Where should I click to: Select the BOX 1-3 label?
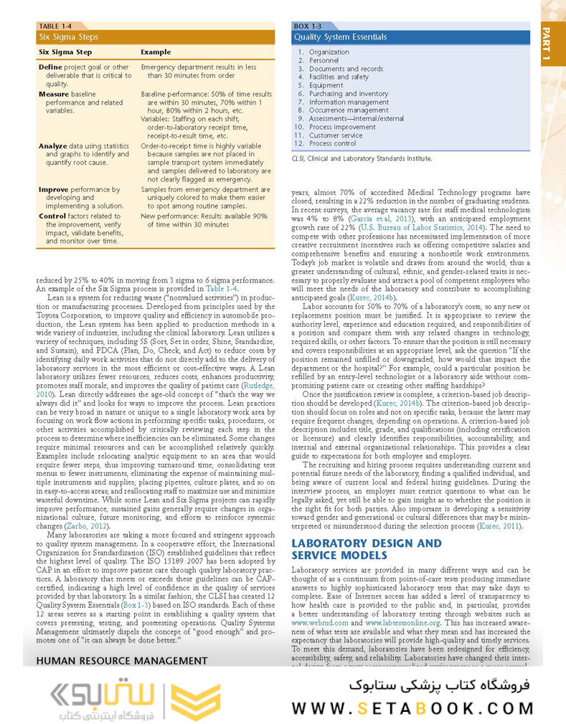tap(308, 26)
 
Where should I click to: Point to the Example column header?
tap(156, 52)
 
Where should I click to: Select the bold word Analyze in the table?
tap(52, 146)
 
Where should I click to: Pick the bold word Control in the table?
tap(52, 216)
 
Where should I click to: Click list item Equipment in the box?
tap(326, 85)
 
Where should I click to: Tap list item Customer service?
tap(335, 135)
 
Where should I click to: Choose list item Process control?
tap(332, 143)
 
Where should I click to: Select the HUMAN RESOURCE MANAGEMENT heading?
tap(121, 660)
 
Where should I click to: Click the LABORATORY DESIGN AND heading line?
tap(366, 543)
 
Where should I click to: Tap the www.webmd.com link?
tap(320, 623)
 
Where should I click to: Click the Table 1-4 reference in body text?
tap(219, 288)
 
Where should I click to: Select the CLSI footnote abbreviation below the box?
tap(298, 158)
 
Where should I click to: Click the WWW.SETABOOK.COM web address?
tap(412, 708)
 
